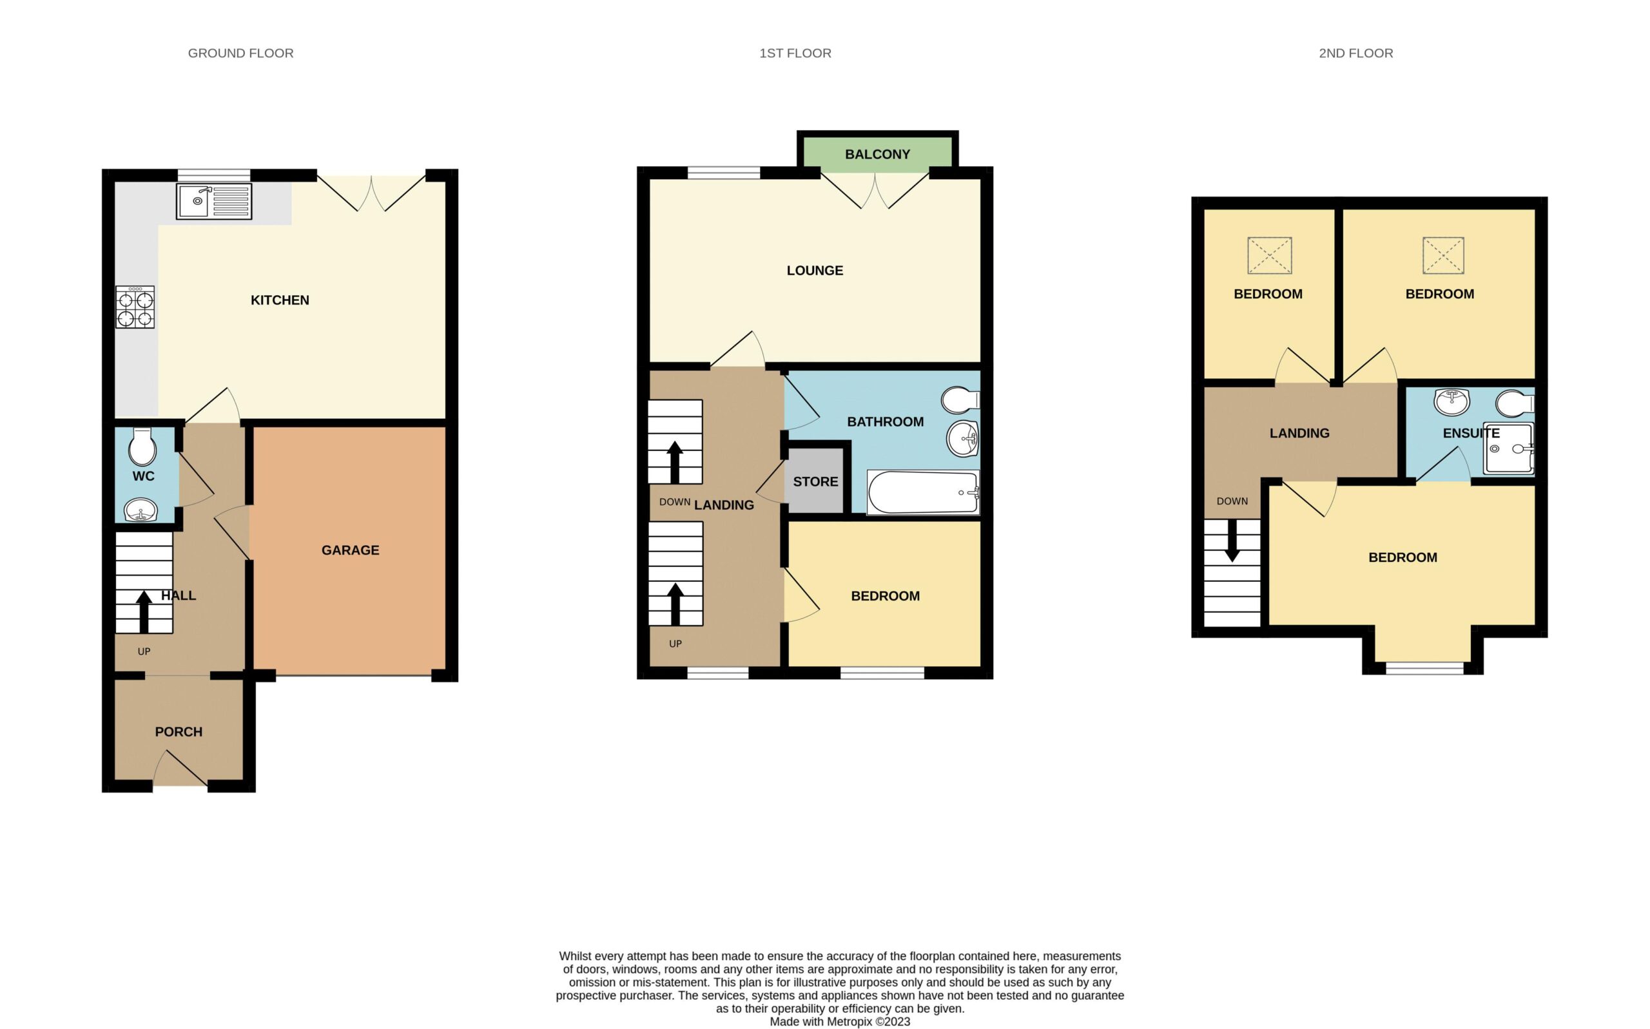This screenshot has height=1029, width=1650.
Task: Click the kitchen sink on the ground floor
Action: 214,201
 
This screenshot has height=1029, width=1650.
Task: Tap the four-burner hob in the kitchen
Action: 135,307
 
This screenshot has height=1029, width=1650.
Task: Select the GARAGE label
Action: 351,550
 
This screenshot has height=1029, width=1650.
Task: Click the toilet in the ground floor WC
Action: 142,446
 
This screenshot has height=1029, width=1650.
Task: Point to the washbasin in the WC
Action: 141,510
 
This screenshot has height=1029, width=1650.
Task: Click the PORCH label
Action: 179,731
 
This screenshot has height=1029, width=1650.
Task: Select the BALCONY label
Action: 877,155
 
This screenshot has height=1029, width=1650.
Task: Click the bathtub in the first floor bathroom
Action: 923,492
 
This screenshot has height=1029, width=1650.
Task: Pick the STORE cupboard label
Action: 815,482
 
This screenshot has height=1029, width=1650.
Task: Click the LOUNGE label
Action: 815,270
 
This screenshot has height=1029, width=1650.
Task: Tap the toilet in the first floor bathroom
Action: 960,400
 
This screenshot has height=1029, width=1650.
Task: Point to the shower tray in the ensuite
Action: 1509,448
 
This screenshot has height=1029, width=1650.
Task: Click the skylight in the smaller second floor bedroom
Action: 1270,255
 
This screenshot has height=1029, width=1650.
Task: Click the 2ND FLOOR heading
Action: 1356,53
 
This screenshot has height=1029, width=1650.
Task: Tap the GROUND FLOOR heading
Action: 241,53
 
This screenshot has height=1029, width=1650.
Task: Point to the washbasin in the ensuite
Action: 1452,401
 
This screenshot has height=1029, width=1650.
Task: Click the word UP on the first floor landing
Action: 675,644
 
